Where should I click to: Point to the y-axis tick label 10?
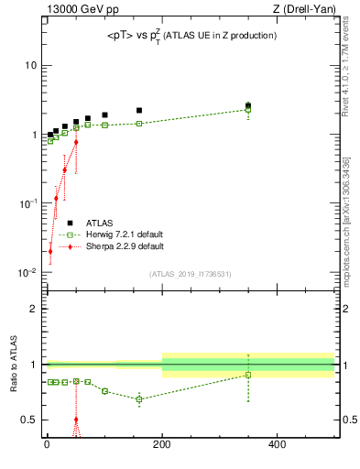click(30, 65)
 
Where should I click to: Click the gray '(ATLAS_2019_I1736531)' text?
click(191, 274)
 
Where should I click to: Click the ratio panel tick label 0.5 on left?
click(30, 420)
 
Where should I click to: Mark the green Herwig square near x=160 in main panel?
click(139, 124)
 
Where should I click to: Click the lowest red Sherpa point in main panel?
click(50, 251)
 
